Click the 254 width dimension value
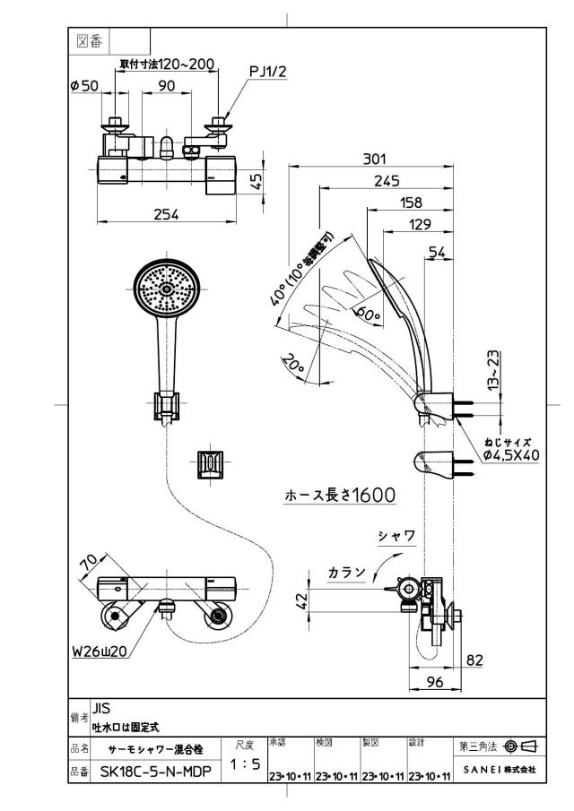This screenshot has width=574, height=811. [x=166, y=213]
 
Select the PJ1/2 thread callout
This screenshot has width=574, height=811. [x=267, y=72]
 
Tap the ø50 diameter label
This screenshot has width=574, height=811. [x=84, y=85]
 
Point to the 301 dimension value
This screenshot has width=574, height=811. [x=374, y=159]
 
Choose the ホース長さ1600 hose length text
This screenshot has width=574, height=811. [x=340, y=495]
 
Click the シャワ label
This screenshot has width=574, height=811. [x=397, y=537]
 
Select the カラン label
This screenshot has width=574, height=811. [x=347, y=572]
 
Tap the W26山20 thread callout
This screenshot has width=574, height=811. [x=100, y=651]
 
